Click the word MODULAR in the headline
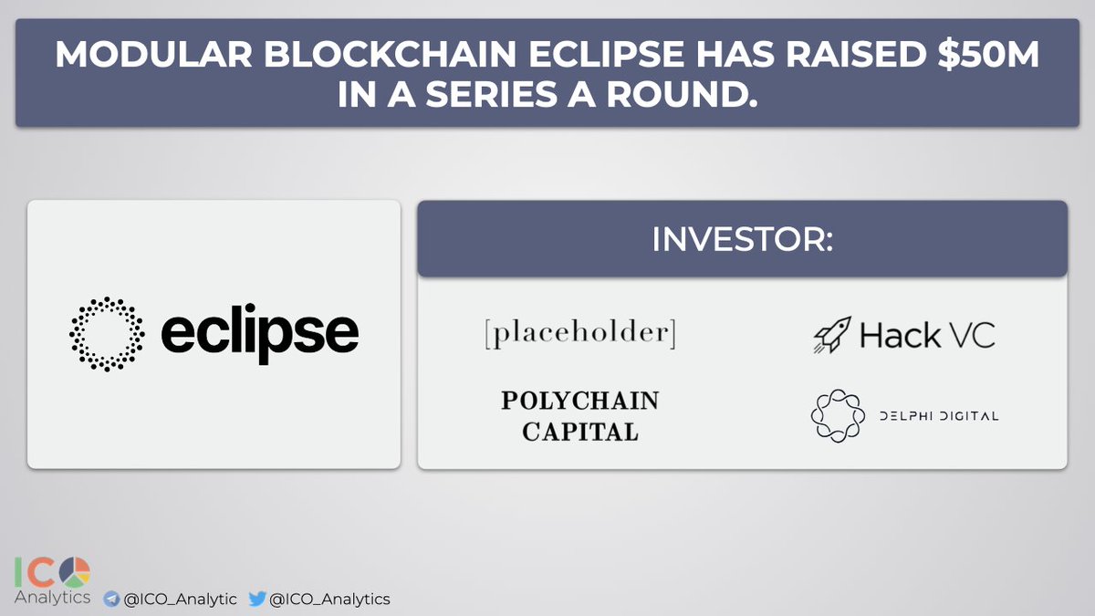(153, 54)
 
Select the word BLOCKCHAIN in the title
(391, 54)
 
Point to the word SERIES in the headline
(491, 94)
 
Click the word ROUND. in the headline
(682, 94)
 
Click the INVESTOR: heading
(742, 239)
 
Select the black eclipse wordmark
(259, 334)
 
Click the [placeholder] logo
(580, 333)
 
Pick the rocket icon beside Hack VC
(832, 334)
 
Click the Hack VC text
(927, 335)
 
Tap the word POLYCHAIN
(580, 401)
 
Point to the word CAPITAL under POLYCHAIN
(580, 432)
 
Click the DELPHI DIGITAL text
(939, 416)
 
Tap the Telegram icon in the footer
(111, 599)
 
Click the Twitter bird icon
(257, 599)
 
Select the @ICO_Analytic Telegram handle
(181, 599)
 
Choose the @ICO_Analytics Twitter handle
(329, 599)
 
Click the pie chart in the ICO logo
(75, 572)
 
